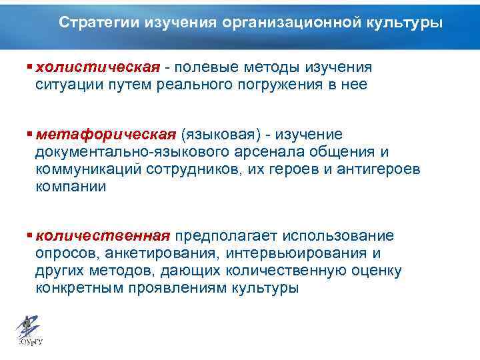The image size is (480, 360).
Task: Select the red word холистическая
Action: click(x=98, y=67)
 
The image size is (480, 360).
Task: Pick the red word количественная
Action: click(x=103, y=237)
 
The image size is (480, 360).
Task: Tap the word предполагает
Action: click(x=227, y=237)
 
